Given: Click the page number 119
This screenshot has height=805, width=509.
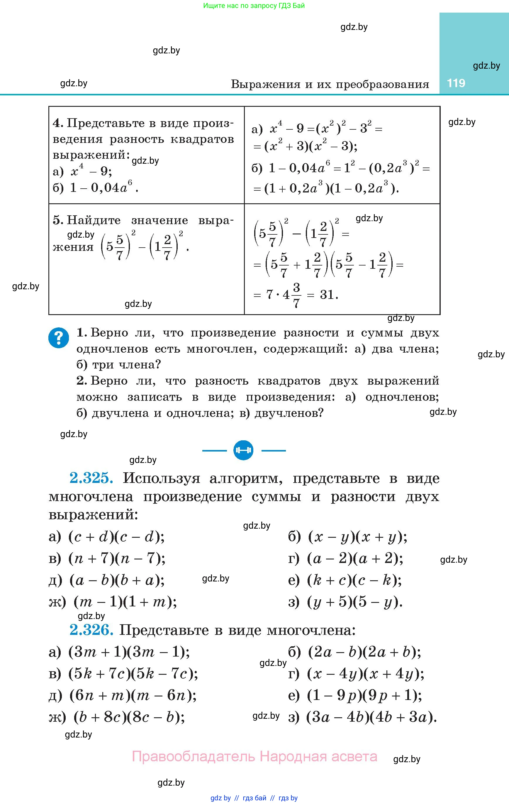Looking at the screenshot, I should (x=456, y=83).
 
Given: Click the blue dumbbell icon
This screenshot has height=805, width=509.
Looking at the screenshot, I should (x=243, y=450).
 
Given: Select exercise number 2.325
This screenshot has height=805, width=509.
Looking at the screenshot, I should (x=91, y=478).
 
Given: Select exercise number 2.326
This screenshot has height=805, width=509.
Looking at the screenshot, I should (x=91, y=630).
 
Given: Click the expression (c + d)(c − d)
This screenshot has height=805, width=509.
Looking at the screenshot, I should (x=116, y=537).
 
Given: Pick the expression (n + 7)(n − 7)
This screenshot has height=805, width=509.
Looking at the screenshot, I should (x=117, y=559).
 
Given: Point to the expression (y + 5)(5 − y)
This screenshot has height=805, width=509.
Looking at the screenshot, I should (x=355, y=602).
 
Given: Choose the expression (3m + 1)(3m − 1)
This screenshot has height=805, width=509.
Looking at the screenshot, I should (x=129, y=652).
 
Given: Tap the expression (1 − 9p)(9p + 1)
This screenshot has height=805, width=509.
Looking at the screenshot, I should (x=364, y=695).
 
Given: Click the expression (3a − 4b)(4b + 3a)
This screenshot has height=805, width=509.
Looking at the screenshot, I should (x=372, y=717).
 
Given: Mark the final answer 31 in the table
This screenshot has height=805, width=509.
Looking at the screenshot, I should (x=327, y=295).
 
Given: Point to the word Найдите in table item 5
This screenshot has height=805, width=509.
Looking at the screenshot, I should (x=94, y=220).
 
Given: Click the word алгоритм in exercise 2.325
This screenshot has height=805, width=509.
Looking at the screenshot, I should (x=246, y=478).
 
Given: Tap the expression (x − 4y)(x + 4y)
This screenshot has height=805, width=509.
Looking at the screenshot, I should (x=366, y=674).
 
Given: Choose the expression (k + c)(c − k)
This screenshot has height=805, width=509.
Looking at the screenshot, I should (x=354, y=580).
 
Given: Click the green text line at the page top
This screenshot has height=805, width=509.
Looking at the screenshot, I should (x=254, y=6).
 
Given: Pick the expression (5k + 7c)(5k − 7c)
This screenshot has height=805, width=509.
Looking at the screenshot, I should (x=133, y=674).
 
